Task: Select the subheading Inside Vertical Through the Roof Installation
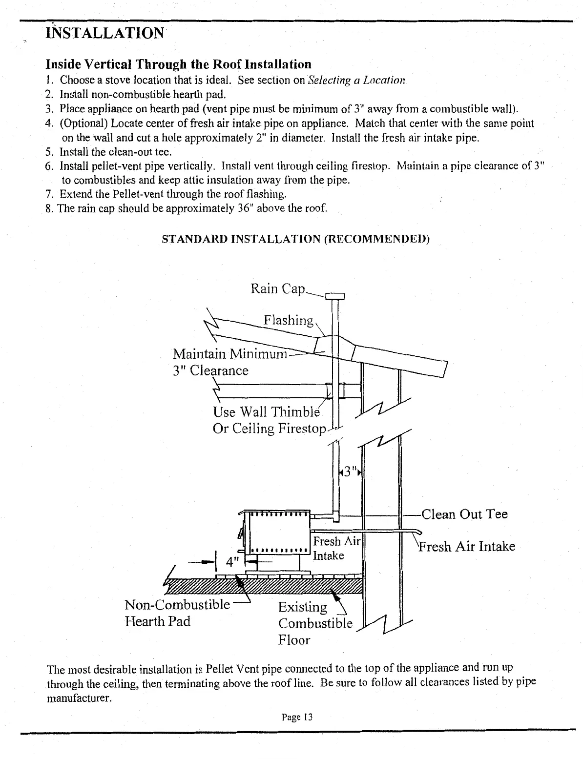tap(178, 64)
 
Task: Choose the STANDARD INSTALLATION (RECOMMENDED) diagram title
tap(295, 240)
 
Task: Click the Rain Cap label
tap(277, 289)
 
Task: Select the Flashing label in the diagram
tap(288, 320)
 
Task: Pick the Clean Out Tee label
tap(464, 514)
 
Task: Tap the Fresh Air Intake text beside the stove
tap(335, 548)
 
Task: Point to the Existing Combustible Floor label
tap(314, 623)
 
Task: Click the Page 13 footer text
tap(296, 717)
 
